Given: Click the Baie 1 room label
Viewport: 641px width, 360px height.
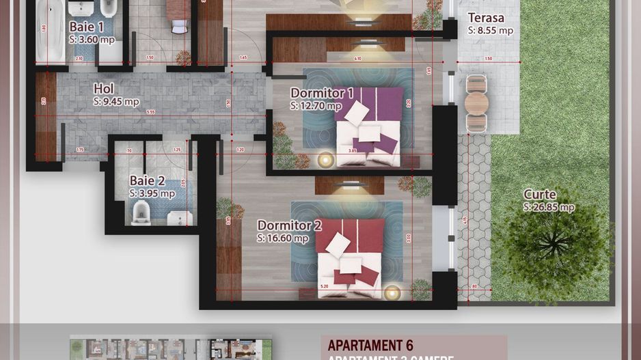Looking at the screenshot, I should (86, 27).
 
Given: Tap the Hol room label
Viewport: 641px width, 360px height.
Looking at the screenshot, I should (103, 89).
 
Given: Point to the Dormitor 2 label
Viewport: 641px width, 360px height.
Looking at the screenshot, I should (289, 225).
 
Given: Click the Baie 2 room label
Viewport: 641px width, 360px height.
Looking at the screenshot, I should (147, 181).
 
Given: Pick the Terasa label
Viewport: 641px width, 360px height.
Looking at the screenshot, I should (486, 18).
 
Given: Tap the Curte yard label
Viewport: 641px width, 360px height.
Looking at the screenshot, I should (540, 194).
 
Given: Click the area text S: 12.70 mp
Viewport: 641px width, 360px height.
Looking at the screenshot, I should (316, 106).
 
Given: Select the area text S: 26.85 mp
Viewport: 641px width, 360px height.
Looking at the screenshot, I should (549, 207).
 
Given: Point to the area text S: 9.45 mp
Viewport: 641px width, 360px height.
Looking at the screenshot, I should (116, 102).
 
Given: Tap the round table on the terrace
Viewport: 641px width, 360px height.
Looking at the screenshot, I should (476, 103).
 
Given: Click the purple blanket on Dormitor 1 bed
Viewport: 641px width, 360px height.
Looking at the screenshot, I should (379, 102).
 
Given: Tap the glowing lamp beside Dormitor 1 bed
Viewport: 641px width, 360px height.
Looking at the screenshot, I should (325, 159).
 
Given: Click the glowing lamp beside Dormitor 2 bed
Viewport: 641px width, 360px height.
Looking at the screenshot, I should (392, 292).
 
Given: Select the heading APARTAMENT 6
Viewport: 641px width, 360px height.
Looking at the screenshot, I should (370, 345).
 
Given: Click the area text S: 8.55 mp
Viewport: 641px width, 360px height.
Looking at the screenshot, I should (490, 31).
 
